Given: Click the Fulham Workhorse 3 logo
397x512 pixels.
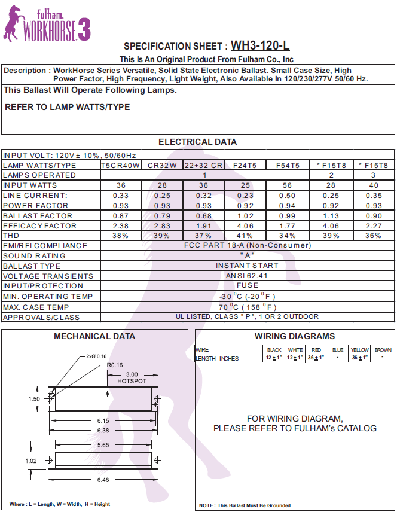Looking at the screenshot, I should pos(47,23).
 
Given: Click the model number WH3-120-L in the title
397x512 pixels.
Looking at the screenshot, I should pos(260,45).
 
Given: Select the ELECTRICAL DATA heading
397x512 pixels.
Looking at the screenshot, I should pos(197,142).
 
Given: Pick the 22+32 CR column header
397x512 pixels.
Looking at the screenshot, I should pos(203,165).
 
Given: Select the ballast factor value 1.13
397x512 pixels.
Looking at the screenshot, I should pos(331,216).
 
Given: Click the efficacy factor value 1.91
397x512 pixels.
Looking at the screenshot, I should pos(203,226).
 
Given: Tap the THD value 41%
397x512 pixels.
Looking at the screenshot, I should pos(245,236).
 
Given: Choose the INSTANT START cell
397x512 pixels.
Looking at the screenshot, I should pos(247,266).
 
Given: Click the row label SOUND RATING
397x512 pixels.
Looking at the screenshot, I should pos(35,256).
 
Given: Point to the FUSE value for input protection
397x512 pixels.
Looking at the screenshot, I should pos(247,286).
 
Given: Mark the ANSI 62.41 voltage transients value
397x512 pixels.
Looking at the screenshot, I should pos(247,276).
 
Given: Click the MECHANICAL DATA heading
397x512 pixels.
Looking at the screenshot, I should pos(94,336).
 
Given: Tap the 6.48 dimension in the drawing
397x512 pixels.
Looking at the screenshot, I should pos(102,480).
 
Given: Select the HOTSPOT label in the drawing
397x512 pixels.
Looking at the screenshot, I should pos(132,380).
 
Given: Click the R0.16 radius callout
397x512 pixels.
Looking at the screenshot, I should pos(115,364).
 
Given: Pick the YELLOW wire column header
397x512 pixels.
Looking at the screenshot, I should pos(359,350).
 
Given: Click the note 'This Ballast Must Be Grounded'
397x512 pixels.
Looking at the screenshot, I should pos(245,505).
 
